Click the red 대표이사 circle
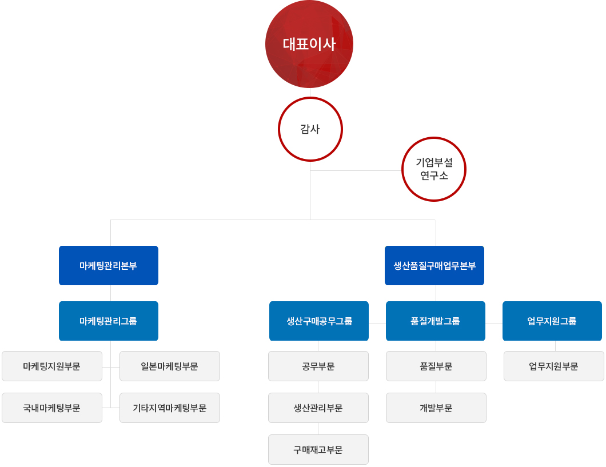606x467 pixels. click(309, 44)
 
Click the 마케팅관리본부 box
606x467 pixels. click(109, 265)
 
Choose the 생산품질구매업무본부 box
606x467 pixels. click(434, 265)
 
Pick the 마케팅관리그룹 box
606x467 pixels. click(109, 321)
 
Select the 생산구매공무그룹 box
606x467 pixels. click(319, 321)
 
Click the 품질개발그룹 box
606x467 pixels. click(436, 321)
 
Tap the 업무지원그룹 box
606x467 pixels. click(552, 321)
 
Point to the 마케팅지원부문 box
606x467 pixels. click(52, 366)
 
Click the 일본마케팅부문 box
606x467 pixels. click(170, 366)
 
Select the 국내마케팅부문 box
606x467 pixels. click(52, 408)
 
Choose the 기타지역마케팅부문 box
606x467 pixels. click(170, 408)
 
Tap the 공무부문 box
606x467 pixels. click(318, 366)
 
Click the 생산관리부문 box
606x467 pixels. click(318, 408)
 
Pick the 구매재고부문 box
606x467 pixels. click(318, 450)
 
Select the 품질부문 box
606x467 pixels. click(436, 366)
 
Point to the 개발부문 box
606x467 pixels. click(436, 408)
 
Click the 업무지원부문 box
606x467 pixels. click(554, 366)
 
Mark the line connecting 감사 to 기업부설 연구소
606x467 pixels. click(356, 170)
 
